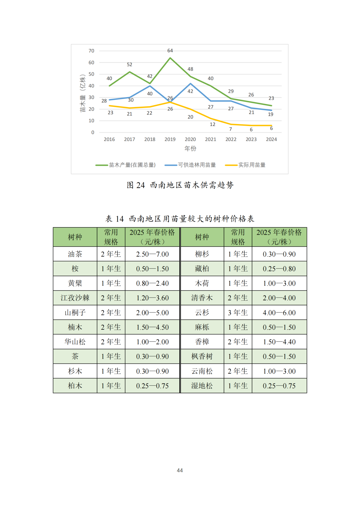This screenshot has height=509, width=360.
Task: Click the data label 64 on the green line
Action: tap(170, 51)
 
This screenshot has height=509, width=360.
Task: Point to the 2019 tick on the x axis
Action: tap(170, 139)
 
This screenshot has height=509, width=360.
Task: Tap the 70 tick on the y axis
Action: tap(91, 51)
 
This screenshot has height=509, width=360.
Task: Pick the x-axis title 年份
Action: tap(190, 148)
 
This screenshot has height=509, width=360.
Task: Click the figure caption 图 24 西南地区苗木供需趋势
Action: tap(180, 185)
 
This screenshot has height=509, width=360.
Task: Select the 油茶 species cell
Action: tap(75, 254)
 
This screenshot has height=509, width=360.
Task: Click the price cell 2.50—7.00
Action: tap(152, 254)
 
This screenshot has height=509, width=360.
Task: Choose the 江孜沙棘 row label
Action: tap(75, 298)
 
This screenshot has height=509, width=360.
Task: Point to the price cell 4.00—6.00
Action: tap(279, 313)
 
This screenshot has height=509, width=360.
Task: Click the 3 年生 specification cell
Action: tap(238, 313)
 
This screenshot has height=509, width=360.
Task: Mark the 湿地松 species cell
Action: tap(202, 386)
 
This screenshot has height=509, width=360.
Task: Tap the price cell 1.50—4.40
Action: tap(279, 342)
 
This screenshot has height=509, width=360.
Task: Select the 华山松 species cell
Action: tap(75, 342)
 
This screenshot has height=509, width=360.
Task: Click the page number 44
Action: tap(180, 470)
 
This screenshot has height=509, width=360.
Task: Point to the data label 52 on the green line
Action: tap(129, 65)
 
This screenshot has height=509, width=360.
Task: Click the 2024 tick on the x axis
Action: tap(271, 139)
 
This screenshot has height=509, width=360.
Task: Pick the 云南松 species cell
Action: tap(202, 371)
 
